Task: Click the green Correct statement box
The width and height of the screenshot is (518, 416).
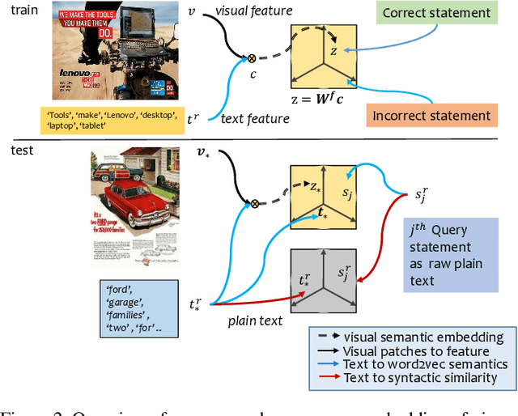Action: click(448, 13)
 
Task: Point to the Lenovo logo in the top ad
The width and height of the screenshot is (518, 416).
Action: click(81, 70)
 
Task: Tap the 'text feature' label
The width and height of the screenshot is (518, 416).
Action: click(255, 119)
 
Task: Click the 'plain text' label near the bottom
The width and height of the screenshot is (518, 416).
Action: click(254, 320)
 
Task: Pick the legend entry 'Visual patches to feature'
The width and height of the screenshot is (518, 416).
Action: click(416, 351)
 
